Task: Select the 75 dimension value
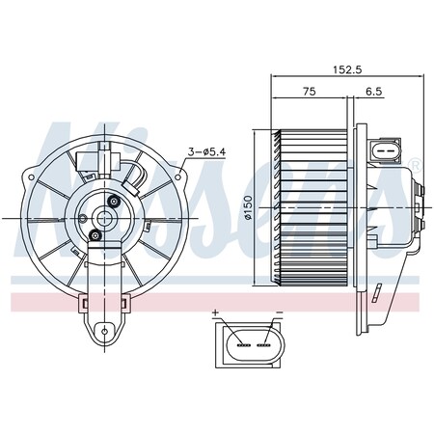309,93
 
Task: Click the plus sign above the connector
218,313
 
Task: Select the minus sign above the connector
279,313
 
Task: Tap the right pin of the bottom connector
262,340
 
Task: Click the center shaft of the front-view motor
99,217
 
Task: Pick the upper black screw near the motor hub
115,201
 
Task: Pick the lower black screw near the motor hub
95,235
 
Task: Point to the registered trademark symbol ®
415,162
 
